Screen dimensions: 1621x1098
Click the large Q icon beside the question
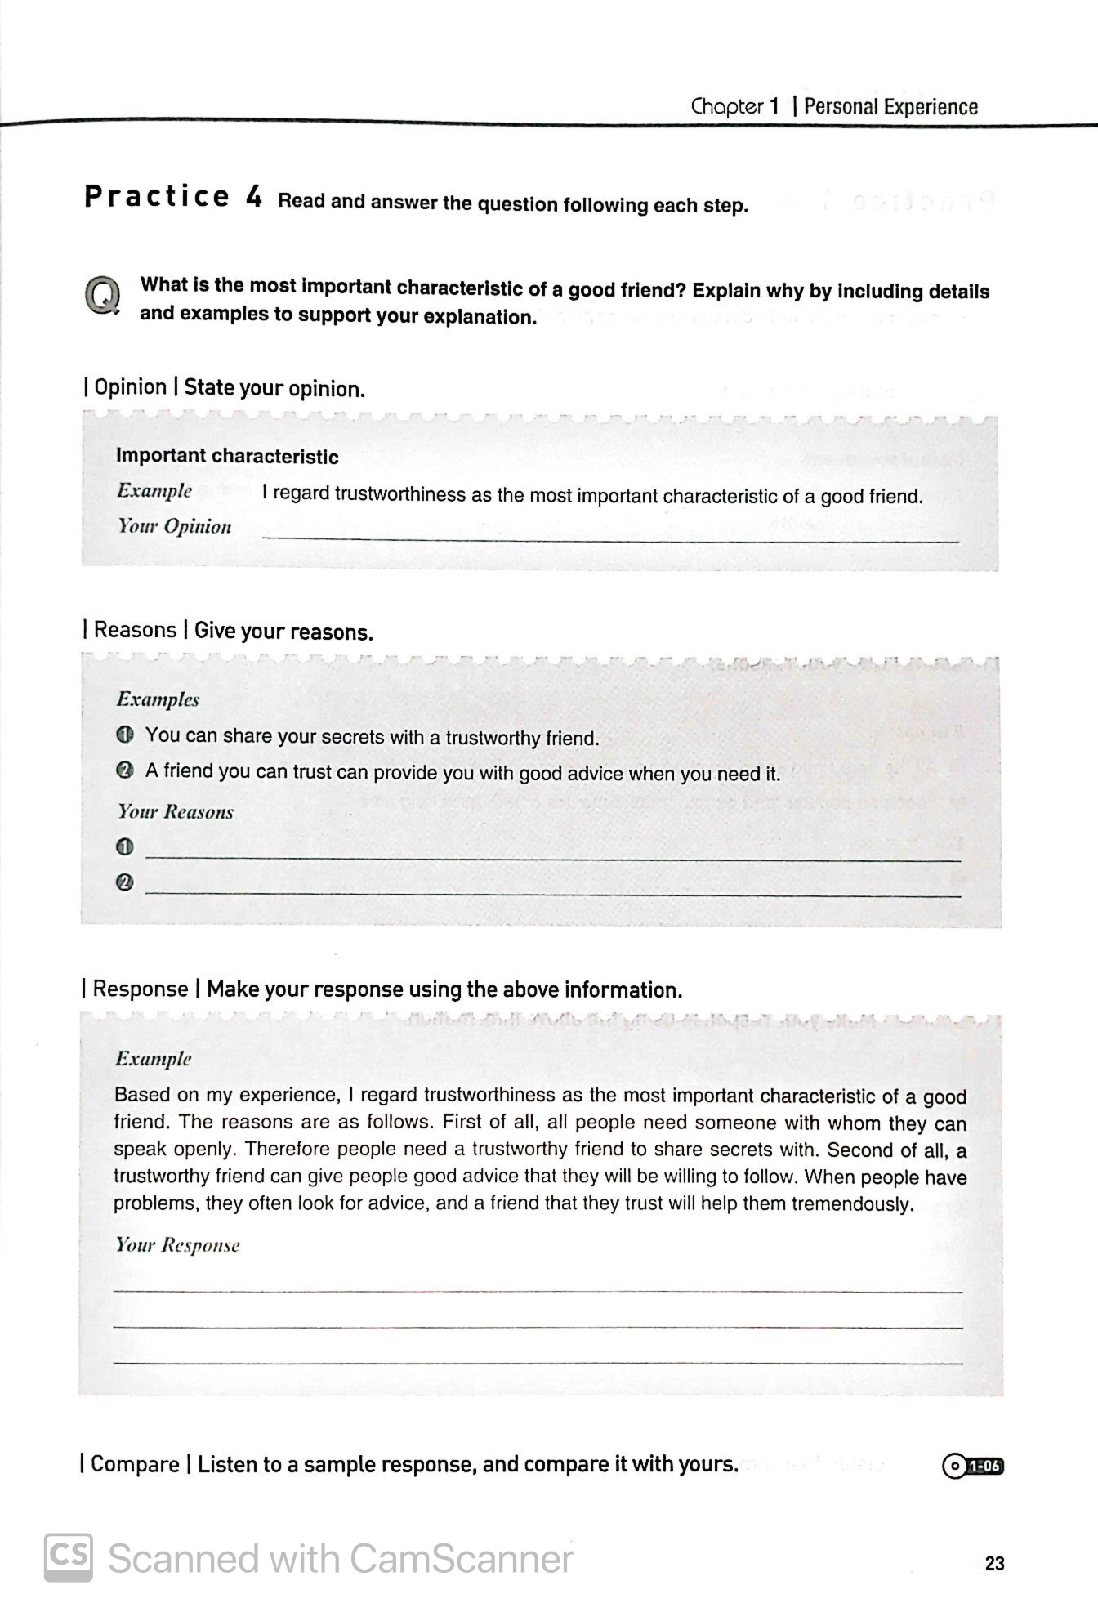tap(102, 296)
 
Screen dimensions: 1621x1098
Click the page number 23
tap(994, 1563)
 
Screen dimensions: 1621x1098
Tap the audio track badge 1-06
tap(973, 1466)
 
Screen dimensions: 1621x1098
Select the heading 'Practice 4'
tap(173, 197)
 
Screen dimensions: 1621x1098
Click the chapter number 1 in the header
tap(772, 107)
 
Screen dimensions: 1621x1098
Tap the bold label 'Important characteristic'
tap(227, 456)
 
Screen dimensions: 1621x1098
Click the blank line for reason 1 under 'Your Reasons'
tap(552, 856)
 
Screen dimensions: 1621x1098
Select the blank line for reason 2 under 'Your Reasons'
tap(552, 892)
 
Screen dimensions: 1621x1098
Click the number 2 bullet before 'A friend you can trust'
tap(125, 770)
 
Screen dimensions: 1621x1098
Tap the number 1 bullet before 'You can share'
tap(125, 735)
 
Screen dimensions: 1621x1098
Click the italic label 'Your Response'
tap(177, 1245)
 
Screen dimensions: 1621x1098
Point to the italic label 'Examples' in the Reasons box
tap(158, 699)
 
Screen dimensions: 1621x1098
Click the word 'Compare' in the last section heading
tap(135, 1463)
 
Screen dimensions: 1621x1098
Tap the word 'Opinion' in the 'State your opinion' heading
tap(130, 386)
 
